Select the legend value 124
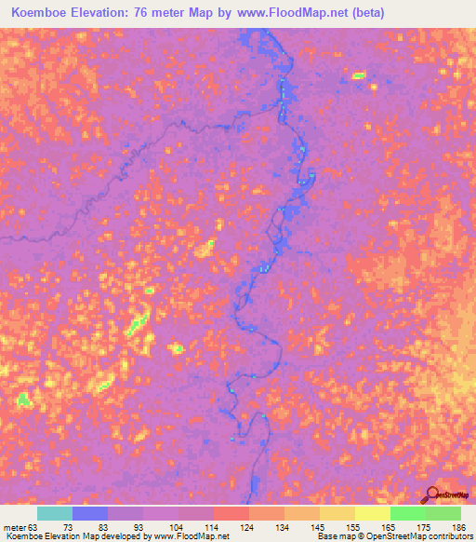pyautogui.click(x=247, y=527)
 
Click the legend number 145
pyautogui.click(x=319, y=527)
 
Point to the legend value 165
pyautogui.click(x=390, y=527)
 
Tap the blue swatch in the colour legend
pyautogui.click(x=89, y=513)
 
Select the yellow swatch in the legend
pyautogui.click(x=372, y=513)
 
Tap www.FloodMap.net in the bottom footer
pyautogui.click(x=192, y=536)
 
